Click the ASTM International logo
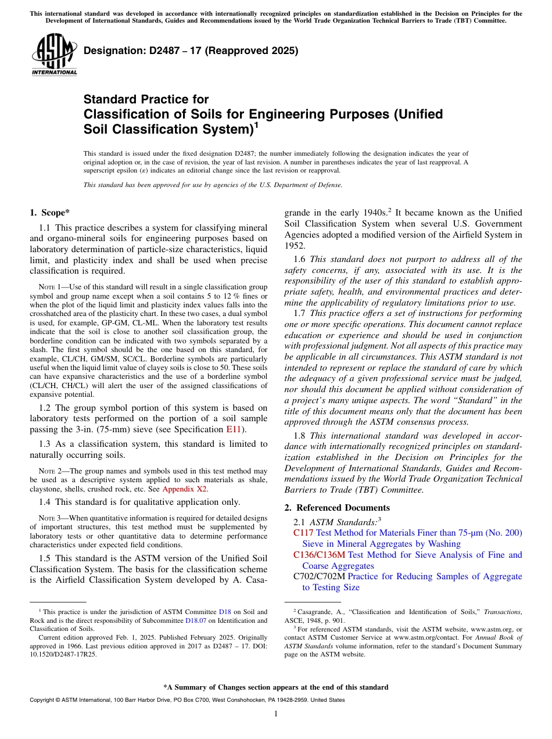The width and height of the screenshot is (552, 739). coord(54,55)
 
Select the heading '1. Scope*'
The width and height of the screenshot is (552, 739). coord(51,213)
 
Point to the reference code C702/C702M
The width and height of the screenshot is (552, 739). coord(319,576)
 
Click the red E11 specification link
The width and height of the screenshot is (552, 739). coord(233,430)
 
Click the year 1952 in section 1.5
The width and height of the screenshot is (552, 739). coord(295,246)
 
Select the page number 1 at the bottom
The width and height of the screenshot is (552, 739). coord(276,714)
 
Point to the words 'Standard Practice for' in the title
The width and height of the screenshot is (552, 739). coord(146,99)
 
